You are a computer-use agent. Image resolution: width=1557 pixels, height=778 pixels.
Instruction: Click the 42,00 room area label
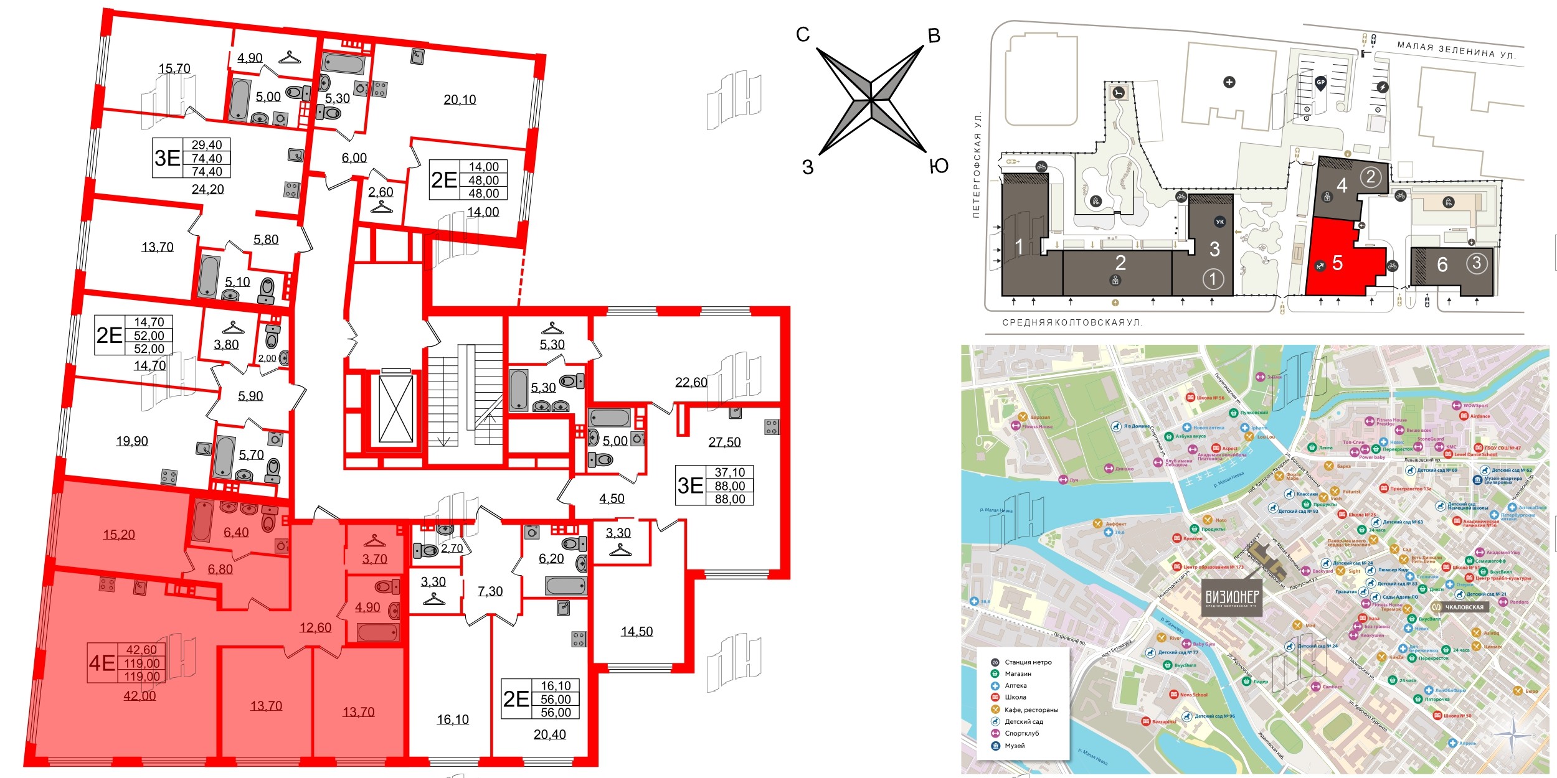coord(140,696)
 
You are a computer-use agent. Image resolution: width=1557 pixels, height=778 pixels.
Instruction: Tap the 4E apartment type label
coord(102,663)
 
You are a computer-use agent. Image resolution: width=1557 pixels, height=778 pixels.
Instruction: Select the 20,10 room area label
coord(460,100)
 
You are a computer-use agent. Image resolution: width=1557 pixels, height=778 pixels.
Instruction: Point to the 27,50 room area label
coord(724,442)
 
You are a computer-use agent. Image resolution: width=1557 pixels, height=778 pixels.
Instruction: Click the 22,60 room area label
coord(691,382)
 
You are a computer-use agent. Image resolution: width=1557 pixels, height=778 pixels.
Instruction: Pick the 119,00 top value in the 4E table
coord(142,663)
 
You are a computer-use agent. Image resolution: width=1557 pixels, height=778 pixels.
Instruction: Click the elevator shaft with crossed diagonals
coord(395,408)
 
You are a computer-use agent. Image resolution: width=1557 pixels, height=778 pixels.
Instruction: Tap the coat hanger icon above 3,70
coord(374,540)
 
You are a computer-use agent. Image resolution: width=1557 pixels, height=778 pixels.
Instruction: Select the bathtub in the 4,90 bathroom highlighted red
coord(377,632)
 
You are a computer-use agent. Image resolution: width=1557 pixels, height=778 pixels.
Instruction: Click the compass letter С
coord(803,35)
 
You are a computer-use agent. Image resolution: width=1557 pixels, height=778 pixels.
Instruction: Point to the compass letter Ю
coord(938,166)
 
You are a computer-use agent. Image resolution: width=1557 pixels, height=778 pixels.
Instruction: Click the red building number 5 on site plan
coord(1337,263)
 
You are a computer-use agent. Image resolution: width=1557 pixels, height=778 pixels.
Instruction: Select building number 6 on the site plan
coord(1442,265)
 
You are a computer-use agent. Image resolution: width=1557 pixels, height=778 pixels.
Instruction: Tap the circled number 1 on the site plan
coord(1212,278)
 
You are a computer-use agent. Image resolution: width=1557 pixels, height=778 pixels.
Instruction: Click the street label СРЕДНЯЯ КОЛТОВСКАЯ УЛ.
coord(1072,323)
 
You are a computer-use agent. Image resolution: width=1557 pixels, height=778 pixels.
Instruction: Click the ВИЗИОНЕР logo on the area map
coord(1232,598)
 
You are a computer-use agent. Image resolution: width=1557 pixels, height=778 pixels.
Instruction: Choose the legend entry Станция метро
coord(1028,662)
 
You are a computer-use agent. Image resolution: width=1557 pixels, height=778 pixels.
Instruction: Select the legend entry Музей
coord(1015,746)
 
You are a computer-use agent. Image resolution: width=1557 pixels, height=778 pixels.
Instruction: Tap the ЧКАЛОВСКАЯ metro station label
coord(1464,607)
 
